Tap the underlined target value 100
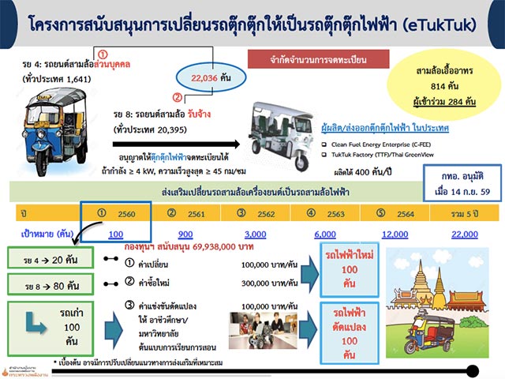117,235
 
